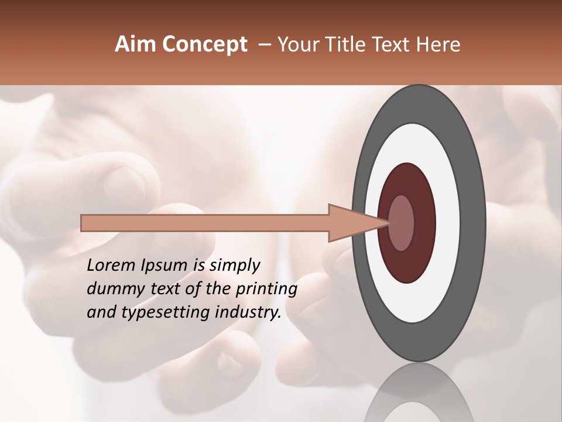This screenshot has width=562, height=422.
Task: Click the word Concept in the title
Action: coord(204,45)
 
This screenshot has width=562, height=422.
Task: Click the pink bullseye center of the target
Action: coord(401,223)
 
